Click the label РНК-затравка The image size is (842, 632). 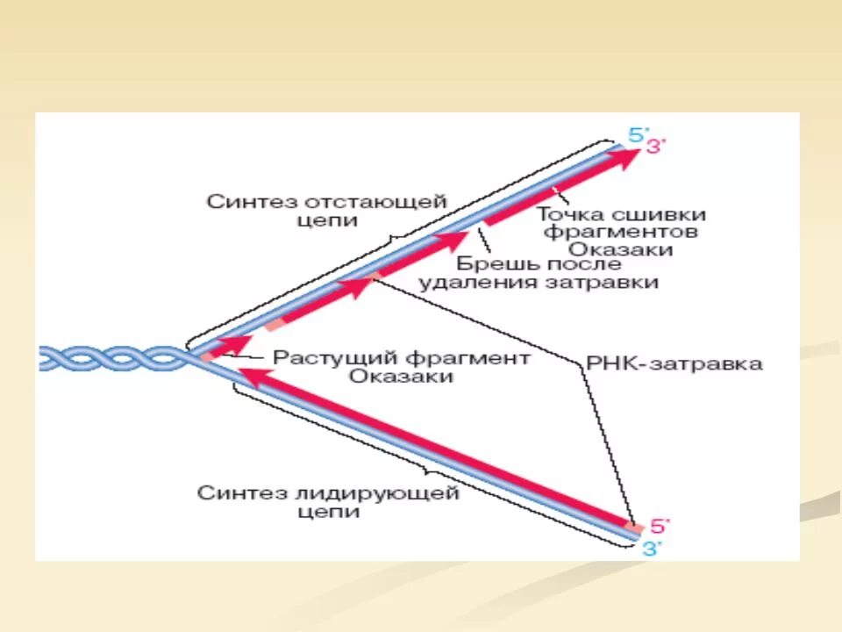click(x=673, y=363)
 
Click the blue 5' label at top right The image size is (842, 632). click(x=636, y=134)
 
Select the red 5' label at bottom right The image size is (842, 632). click(x=659, y=527)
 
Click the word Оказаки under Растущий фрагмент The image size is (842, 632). click(x=401, y=377)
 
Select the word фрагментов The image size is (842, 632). click(x=621, y=232)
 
